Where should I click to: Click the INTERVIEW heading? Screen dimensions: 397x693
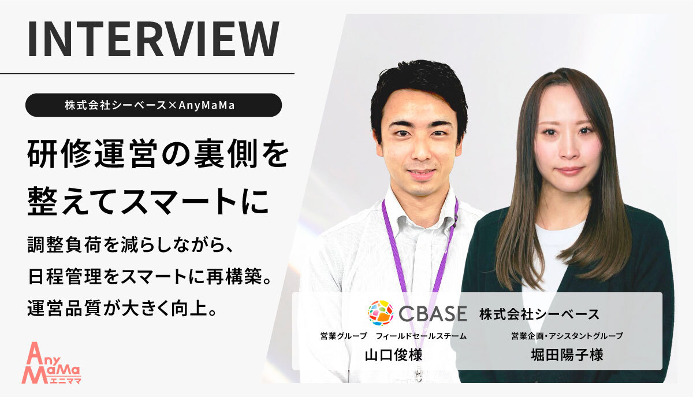pyautogui.click(x=154, y=40)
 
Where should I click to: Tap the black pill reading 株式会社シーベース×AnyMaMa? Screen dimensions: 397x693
pyautogui.click(x=154, y=105)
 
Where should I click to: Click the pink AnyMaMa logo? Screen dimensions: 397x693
pyautogui.click(x=52, y=362)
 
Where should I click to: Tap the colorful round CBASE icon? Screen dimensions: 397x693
pyautogui.click(x=380, y=313)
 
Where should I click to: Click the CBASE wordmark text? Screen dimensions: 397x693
pyautogui.click(x=432, y=314)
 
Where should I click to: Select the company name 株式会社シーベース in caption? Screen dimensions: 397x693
pyautogui.click(x=539, y=314)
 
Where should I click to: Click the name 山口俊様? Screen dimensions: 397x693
pyautogui.click(x=393, y=354)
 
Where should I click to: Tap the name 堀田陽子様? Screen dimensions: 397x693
pyautogui.click(x=567, y=354)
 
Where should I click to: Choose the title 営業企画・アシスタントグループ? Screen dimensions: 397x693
pyautogui.click(x=567, y=336)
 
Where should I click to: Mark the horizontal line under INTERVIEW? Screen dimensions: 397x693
pyautogui.click(x=147, y=73)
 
